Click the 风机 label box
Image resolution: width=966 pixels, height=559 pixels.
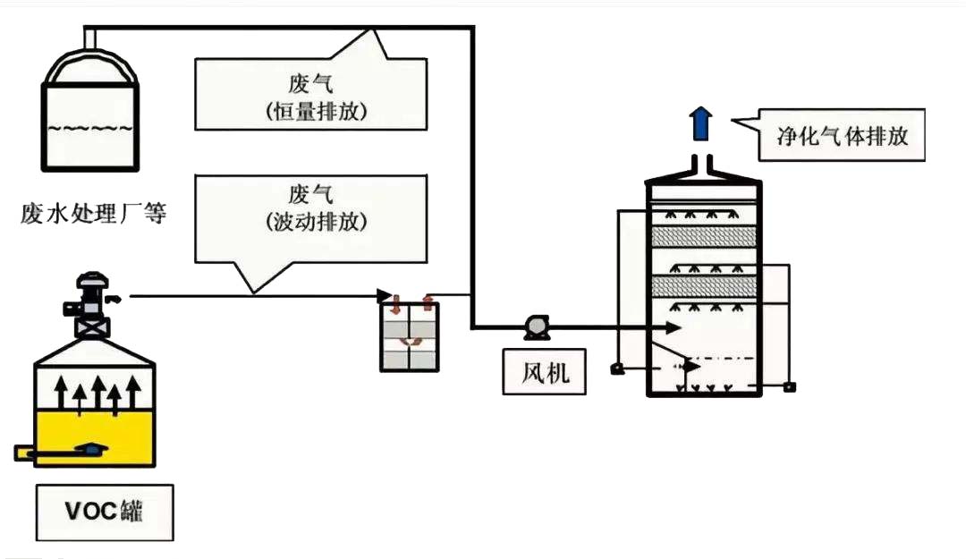point(544,371)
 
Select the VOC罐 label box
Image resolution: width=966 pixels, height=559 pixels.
point(105,512)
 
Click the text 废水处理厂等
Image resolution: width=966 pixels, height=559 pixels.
point(94,215)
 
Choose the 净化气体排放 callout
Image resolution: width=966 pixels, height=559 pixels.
point(841,136)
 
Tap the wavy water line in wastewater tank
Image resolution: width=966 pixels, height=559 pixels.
point(90,127)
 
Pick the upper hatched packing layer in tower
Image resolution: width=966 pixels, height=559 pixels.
point(704,235)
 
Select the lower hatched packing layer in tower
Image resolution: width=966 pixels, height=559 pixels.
point(704,286)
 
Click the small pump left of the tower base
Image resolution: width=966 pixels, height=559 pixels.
point(616,368)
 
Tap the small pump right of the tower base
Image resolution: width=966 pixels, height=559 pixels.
point(789,386)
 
